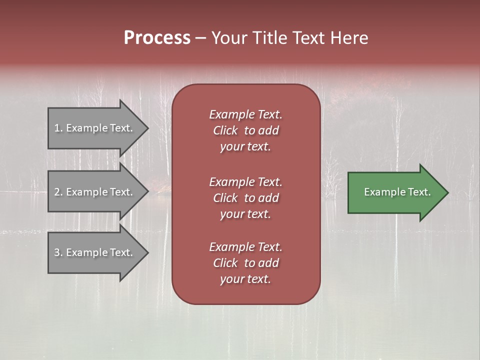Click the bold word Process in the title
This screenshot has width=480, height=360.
click(x=157, y=38)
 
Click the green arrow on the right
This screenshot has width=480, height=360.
click(x=395, y=192)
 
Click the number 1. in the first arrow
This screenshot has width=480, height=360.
click(x=58, y=128)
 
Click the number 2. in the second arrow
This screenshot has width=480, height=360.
click(x=58, y=192)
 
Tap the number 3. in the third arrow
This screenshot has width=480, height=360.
click(x=58, y=252)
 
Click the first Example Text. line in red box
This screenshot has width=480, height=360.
click(x=245, y=114)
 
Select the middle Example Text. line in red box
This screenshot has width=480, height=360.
click(x=245, y=181)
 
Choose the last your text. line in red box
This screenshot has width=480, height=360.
click(x=245, y=279)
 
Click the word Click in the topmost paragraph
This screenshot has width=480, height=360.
click(x=225, y=130)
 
